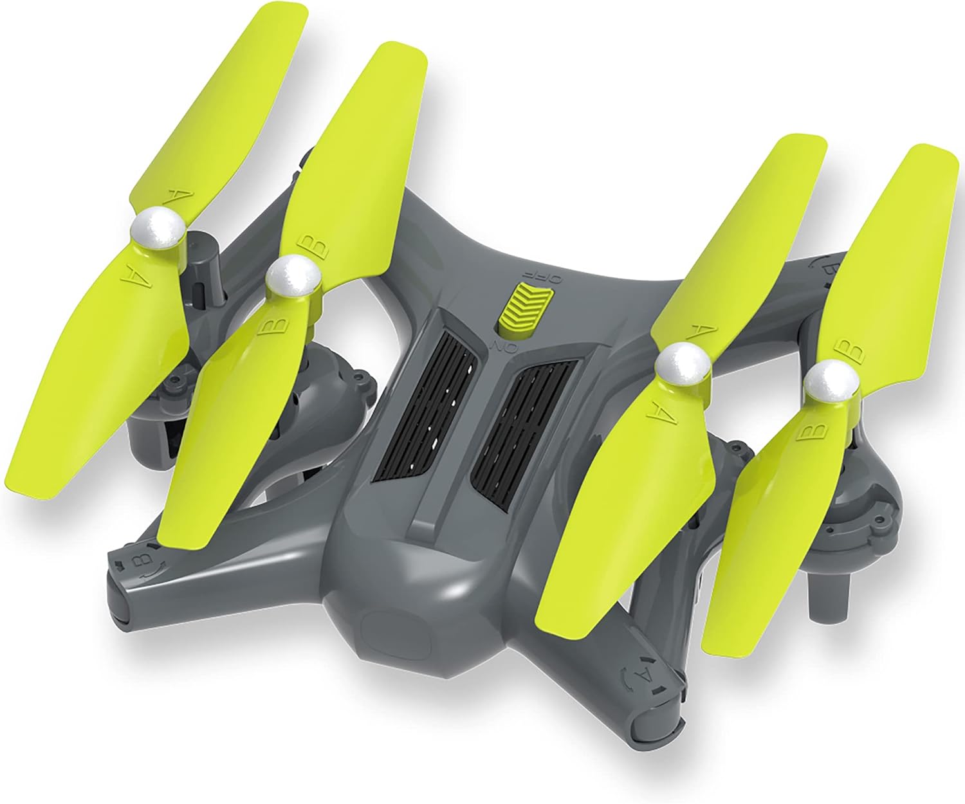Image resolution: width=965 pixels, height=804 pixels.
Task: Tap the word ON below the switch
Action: pos(499,347)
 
